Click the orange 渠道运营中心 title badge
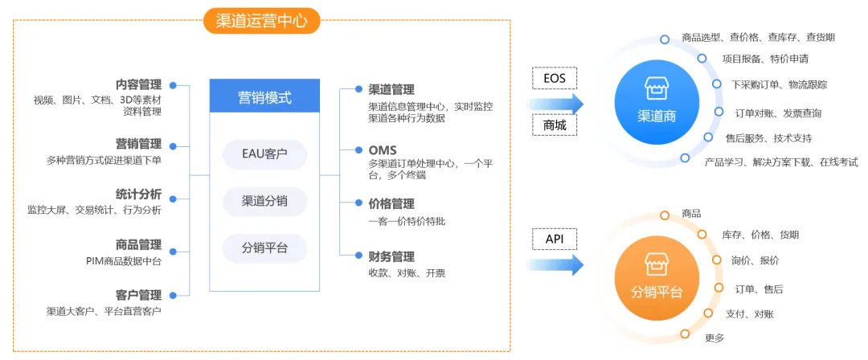(x=262, y=21)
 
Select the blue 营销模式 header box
(x=264, y=96)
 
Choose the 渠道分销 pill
(x=264, y=201)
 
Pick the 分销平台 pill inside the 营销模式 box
(x=264, y=247)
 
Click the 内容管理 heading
(x=138, y=84)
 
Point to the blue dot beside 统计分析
(x=173, y=198)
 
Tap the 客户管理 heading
(x=138, y=295)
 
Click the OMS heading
(x=383, y=150)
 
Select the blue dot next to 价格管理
(x=358, y=203)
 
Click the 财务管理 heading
(x=391, y=256)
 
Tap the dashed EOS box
(x=554, y=78)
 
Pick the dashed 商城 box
(x=554, y=125)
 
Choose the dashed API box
(x=554, y=239)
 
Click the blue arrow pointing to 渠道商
(x=556, y=103)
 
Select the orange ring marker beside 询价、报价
(x=717, y=260)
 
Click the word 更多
(x=714, y=337)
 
